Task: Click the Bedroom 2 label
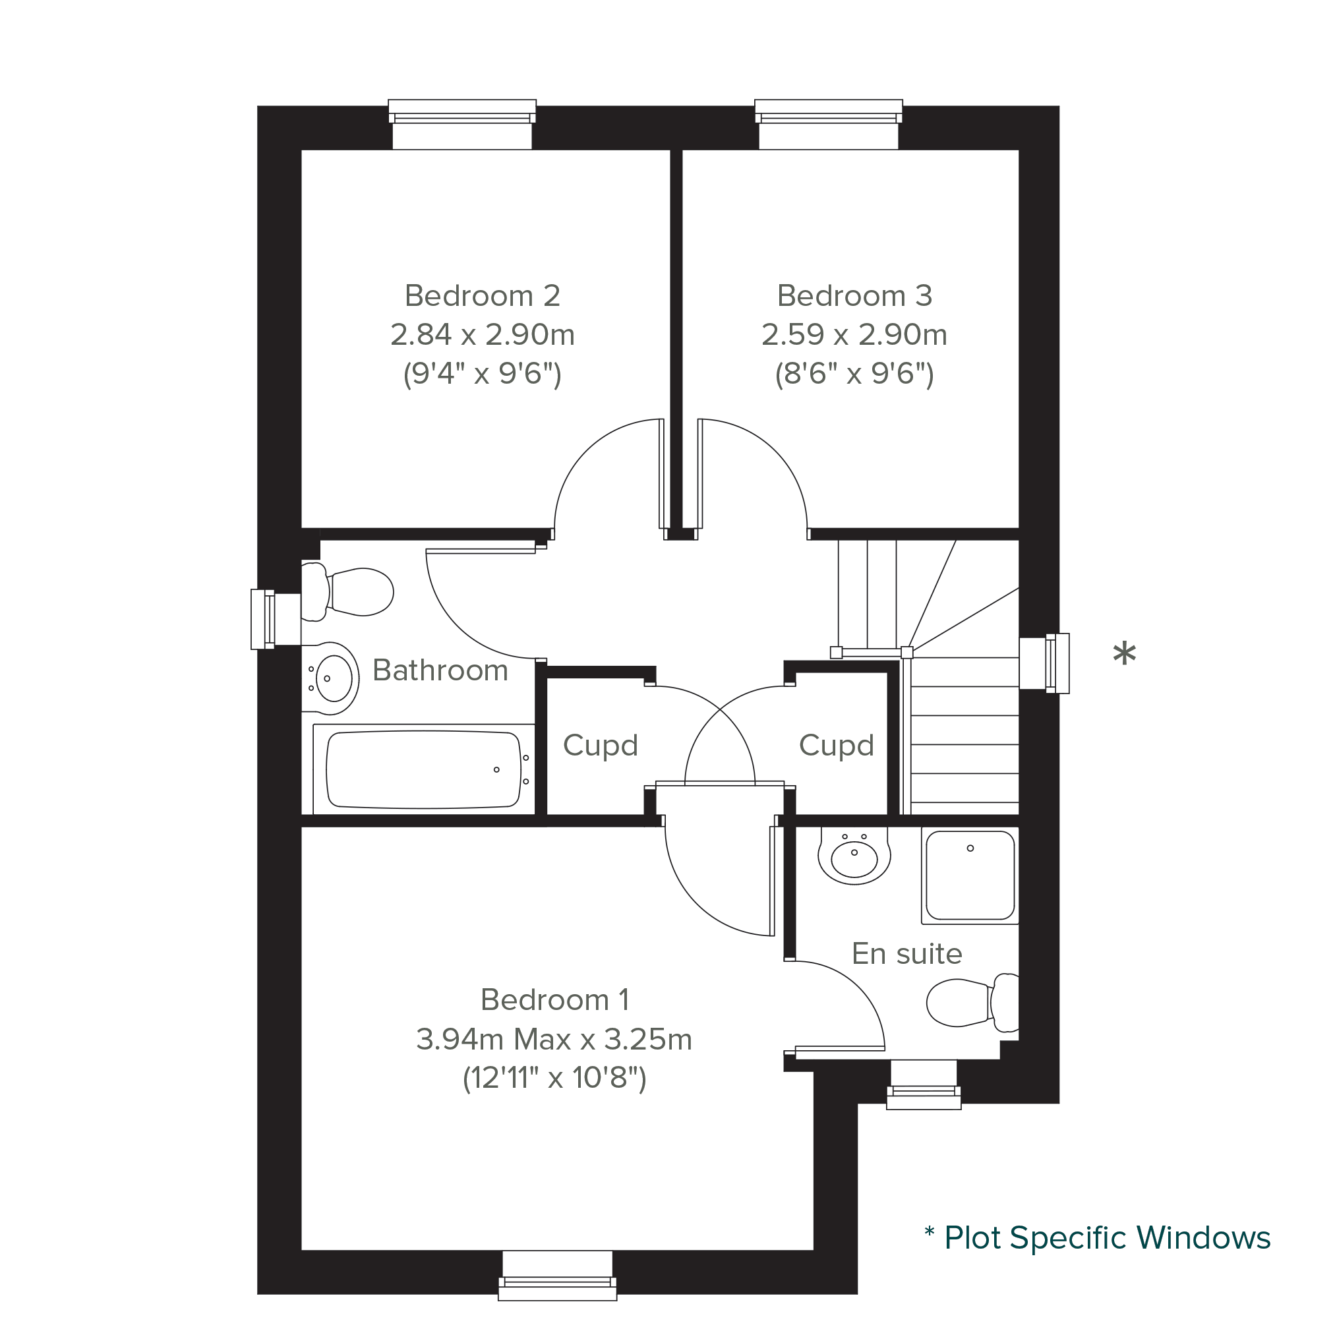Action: [483, 296]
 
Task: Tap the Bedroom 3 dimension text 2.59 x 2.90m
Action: [854, 334]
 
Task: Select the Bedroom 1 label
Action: [555, 1000]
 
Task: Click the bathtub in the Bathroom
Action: [424, 770]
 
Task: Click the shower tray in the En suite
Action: [970, 876]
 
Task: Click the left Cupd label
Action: [600, 746]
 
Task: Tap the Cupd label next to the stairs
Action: [836, 746]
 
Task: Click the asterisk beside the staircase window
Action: [1124, 654]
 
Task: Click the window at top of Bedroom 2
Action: [462, 125]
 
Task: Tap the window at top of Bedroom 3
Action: [829, 125]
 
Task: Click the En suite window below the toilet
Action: [923, 1084]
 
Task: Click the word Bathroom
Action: [440, 670]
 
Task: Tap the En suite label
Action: [906, 953]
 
